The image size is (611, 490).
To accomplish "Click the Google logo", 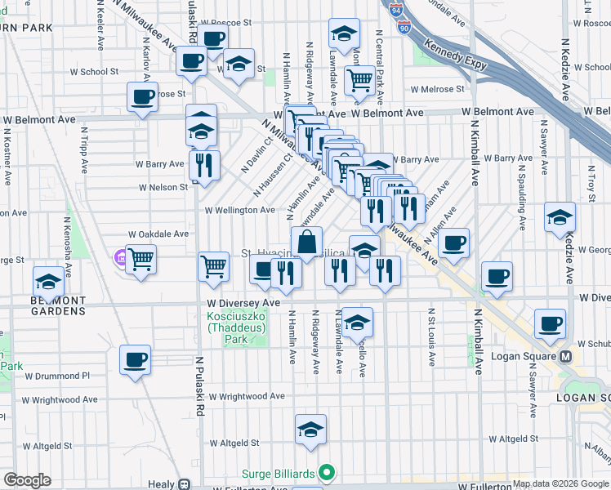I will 27,480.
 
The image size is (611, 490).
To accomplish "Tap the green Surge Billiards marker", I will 327,472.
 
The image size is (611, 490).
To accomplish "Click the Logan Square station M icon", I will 564,358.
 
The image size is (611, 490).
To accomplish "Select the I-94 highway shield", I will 395,11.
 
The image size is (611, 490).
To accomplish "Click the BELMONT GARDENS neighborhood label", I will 58,305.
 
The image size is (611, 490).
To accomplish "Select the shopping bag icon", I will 306,242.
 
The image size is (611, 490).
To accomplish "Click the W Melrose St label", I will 438,89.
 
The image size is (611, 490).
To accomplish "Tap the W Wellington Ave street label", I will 239,210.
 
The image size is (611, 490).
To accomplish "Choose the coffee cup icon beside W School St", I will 193,61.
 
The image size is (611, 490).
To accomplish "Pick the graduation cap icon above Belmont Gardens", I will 48,281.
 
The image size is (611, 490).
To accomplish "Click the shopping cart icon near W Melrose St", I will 359,79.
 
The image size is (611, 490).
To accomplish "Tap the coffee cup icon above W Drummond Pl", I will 135,358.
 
